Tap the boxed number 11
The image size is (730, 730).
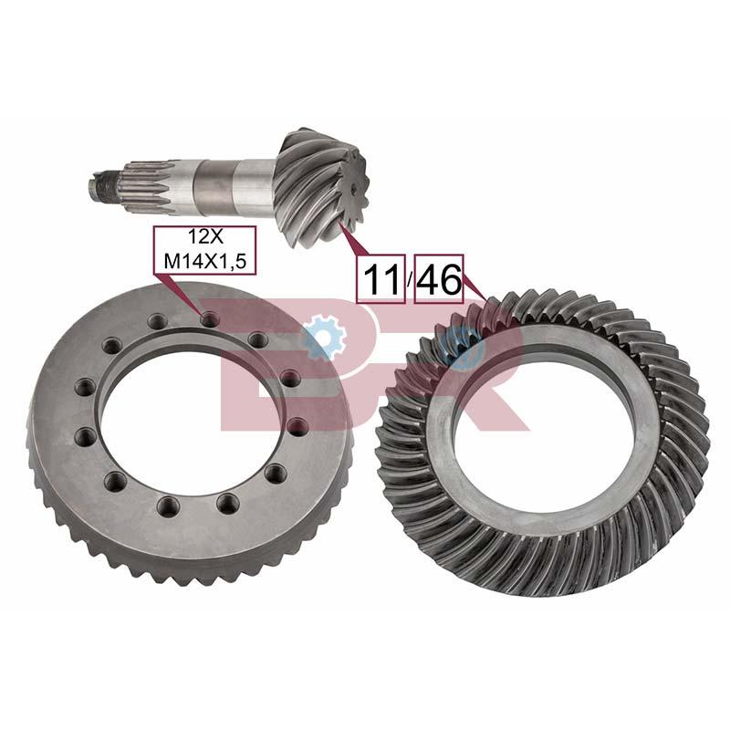[x=381, y=278]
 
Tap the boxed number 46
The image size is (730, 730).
[x=439, y=278]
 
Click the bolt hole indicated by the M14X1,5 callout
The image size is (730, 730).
[x=210, y=318]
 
